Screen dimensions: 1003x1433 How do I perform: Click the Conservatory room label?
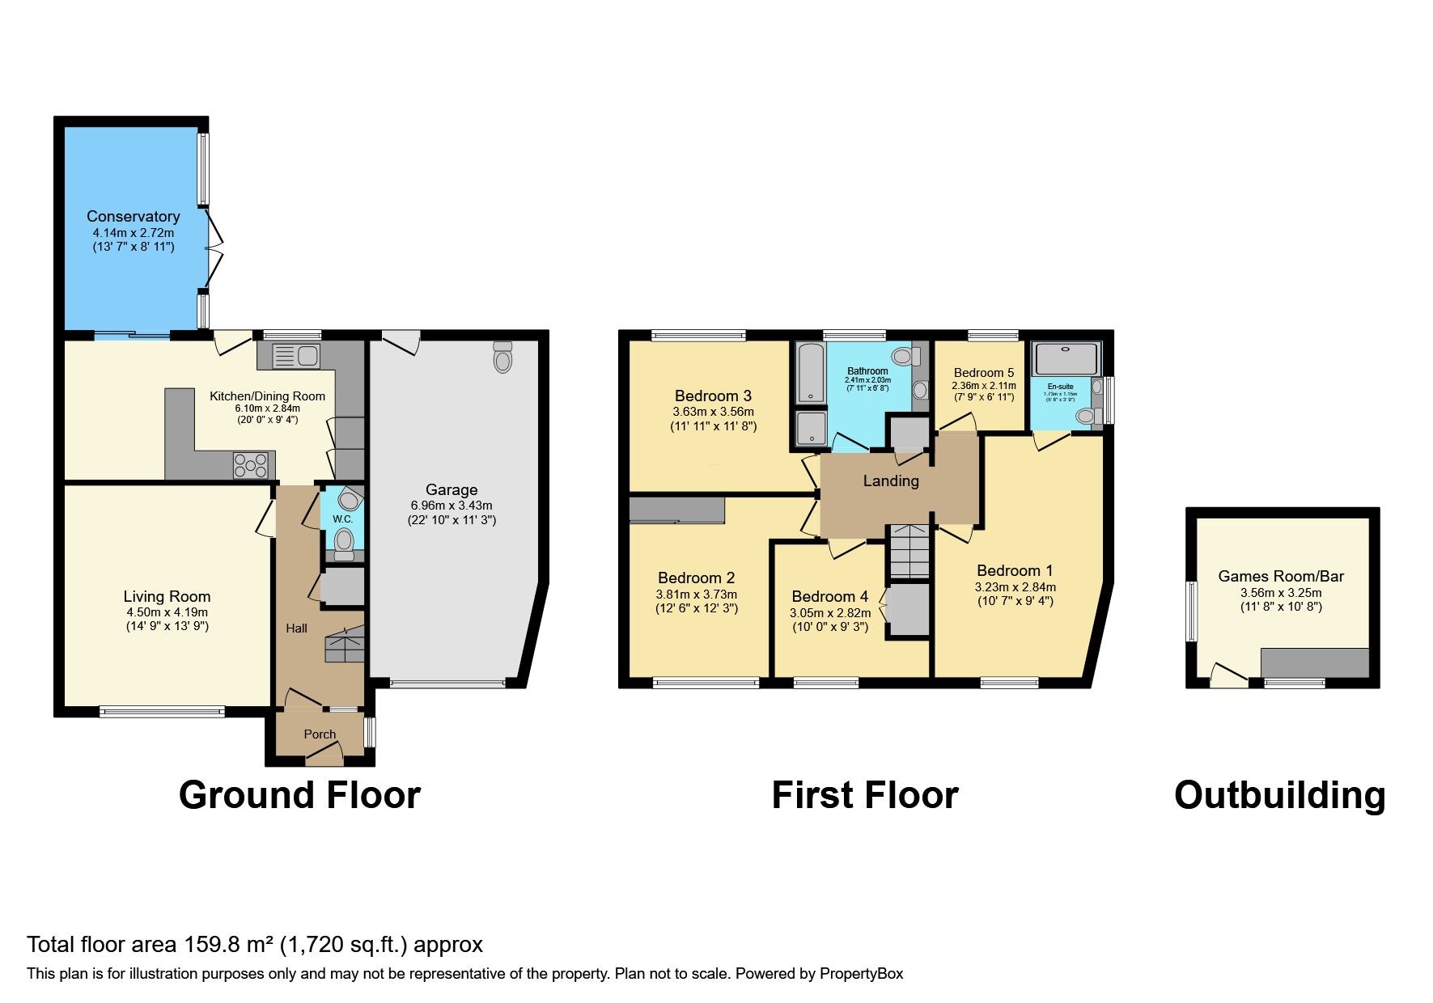(133, 216)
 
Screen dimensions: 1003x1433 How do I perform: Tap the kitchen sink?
(296, 355)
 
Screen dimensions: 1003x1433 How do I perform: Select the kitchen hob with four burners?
(251, 465)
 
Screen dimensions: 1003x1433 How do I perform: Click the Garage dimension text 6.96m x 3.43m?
(451, 505)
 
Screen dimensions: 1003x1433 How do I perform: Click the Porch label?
(320, 734)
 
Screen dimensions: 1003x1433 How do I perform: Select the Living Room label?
(167, 596)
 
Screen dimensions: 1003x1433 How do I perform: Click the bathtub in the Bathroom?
(810, 372)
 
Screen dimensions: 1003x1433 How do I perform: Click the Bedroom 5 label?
(983, 373)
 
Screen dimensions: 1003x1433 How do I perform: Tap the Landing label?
(890, 480)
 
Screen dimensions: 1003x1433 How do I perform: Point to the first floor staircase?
(909, 552)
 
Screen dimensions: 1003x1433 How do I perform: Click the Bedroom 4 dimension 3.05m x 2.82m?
(830, 612)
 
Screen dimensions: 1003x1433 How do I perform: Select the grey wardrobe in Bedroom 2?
(676, 510)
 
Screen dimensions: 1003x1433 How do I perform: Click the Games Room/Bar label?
(1280, 576)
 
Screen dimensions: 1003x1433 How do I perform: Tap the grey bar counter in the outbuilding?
(1314, 662)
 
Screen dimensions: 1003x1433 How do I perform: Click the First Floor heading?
(864, 795)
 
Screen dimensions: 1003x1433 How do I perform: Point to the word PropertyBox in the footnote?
(861, 974)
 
